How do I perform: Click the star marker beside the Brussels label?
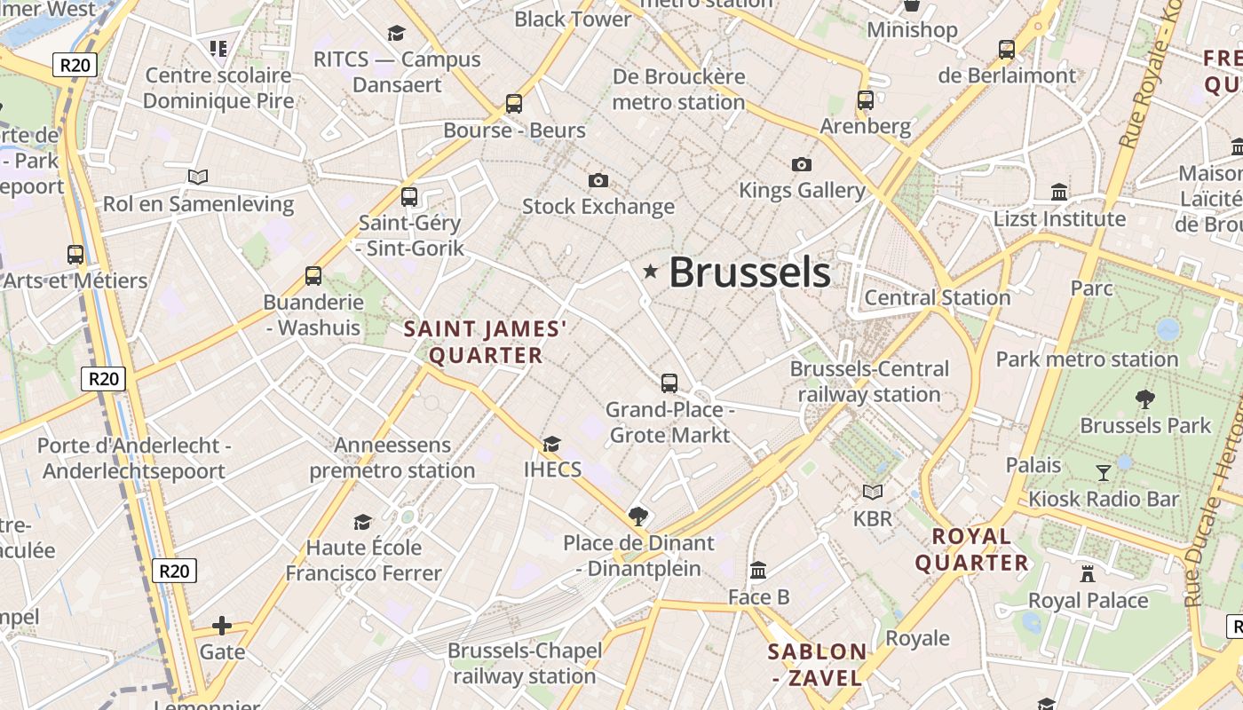(651, 272)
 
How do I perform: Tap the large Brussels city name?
(749, 272)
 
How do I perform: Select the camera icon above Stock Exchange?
(598, 181)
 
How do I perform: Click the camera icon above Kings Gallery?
(801, 164)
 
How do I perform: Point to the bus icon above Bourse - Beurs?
(514, 103)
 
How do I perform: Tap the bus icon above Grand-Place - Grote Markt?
(669, 383)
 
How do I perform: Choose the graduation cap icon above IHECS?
(551, 443)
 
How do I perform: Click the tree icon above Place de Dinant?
(637, 516)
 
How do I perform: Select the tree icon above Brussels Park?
(1145, 399)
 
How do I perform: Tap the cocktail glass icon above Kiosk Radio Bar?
(1104, 472)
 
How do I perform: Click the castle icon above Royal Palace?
(1088, 573)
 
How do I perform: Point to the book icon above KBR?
(873, 492)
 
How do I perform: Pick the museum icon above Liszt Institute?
(1059, 192)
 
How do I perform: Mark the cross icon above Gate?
(222, 627)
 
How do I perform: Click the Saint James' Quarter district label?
(486, 343)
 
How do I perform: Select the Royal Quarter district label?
(972, 549)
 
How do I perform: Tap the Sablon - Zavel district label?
(817, 665)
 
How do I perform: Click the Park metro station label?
(1087, 359)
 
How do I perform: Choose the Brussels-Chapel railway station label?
(525, 663)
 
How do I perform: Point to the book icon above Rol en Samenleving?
(198, 177)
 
